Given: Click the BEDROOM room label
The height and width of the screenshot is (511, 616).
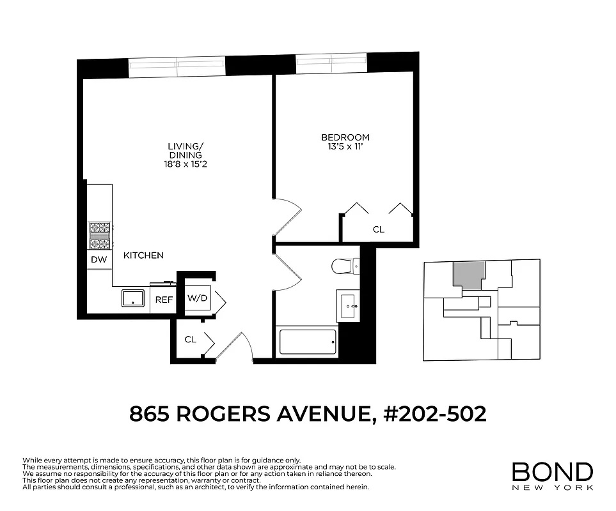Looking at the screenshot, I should tap(345, 137).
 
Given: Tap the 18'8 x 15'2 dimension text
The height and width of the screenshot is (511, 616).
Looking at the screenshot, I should tap(185, 164).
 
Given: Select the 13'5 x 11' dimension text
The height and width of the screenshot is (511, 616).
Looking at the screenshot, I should tap(345, 147).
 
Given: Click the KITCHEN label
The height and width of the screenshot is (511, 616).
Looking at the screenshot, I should tap(143, 256).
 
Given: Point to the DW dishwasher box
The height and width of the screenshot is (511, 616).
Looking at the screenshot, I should tap(99, 259).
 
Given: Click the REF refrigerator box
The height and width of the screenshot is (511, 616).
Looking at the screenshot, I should tap(164, 299).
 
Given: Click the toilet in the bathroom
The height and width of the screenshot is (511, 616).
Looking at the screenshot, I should tap(345, 265).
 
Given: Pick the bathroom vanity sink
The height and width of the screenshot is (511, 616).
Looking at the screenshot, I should tap(349, 307).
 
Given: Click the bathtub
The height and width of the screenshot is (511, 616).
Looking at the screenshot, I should tap(308, 342).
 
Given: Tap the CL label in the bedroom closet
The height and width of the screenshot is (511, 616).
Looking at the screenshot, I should tap(378, 229).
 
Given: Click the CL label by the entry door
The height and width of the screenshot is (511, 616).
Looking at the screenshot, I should tap(190, 340).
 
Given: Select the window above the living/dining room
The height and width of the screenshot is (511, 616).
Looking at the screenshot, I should tap(177, 66).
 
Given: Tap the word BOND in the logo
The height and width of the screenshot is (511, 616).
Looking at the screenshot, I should tap(552, 472).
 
